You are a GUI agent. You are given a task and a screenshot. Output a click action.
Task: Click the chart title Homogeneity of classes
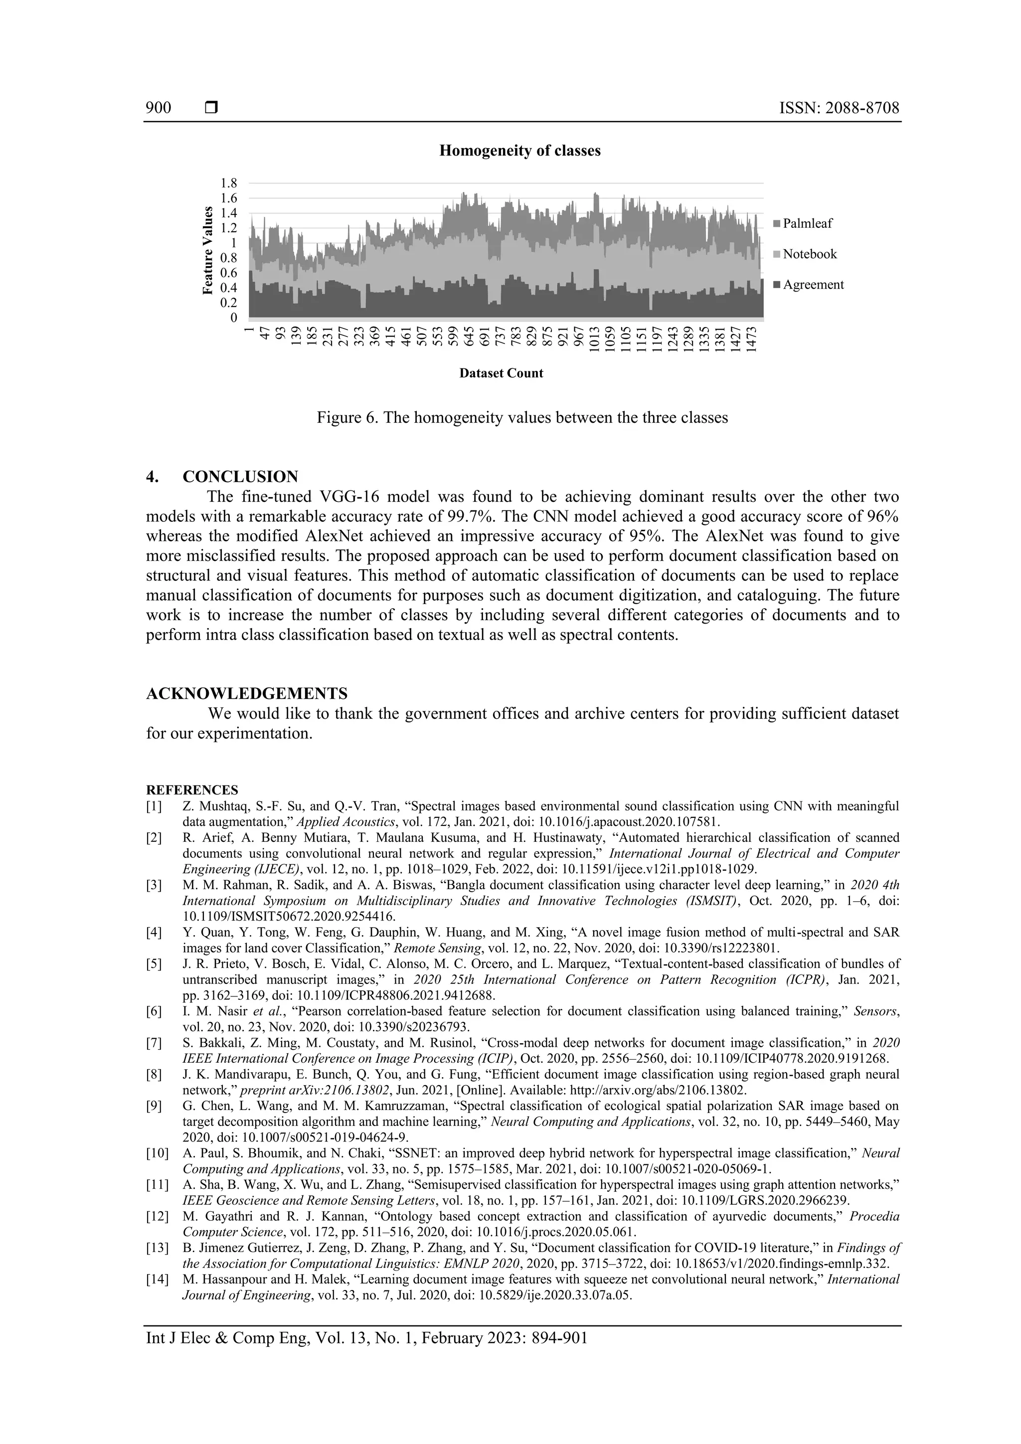(x=519, y=151)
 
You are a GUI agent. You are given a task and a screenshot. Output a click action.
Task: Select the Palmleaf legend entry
(x=807, y=224)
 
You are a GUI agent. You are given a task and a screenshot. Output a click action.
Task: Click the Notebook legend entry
(x=809, y=254)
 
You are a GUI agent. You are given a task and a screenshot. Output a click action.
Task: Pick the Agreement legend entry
(x=813, y=285)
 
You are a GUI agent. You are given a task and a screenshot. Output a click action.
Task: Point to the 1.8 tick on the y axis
(x=228, y=183)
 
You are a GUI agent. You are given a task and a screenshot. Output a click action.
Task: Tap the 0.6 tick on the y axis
(x=228, y=274)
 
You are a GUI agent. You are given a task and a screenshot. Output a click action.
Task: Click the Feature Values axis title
(x=207, y=251)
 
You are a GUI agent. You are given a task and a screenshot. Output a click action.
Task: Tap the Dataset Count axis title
(x=501, y=373)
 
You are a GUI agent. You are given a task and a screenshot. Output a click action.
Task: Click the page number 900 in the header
(x=158, y=108)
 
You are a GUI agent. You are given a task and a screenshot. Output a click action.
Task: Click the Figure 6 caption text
(x=521, y=418)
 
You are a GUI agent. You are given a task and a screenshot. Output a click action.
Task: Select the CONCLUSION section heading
(x=240, y=477)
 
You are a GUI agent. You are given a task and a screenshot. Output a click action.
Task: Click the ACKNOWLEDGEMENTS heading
(x=247, y=694)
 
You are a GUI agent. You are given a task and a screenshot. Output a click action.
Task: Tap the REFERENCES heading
(x=192, y=790)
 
